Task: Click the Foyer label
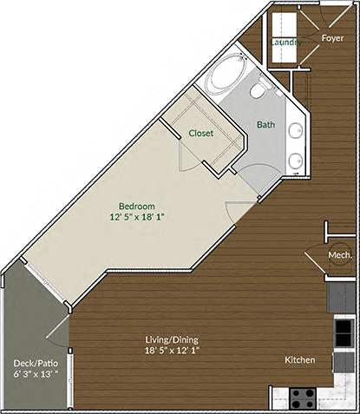(x=333, y=38)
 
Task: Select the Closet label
(x=201, y=133)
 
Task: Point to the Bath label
(x=265, y=124)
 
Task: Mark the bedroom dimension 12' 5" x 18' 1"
(x=137, y=218)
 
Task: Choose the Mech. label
(x=340, y=255)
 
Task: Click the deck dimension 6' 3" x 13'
(x=36, y=375)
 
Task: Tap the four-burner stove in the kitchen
(x=303, y=398)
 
